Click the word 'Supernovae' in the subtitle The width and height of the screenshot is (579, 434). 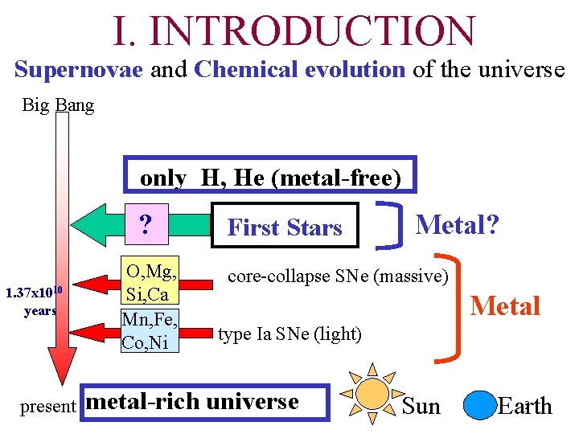point(78,70)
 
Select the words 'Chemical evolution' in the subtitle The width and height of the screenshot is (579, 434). point(299,70)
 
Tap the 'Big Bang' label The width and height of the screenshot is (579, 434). point(58,105)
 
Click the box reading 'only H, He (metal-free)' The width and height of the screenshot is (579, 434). point(270,178)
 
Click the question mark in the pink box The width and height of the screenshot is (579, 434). point(146,224)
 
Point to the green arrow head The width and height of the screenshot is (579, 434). point(91,224)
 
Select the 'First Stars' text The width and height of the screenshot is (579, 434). point(285,228)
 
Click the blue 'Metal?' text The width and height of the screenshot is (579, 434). point(457,223)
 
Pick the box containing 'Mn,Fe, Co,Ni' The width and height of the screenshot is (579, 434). point(149,330)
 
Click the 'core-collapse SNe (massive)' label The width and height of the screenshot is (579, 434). point(338,276)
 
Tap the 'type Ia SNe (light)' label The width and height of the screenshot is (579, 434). point(289,334)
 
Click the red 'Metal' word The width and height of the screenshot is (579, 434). point(505,306)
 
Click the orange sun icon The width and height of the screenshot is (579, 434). point(372,393)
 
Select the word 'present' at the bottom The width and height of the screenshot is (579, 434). point(47,407)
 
